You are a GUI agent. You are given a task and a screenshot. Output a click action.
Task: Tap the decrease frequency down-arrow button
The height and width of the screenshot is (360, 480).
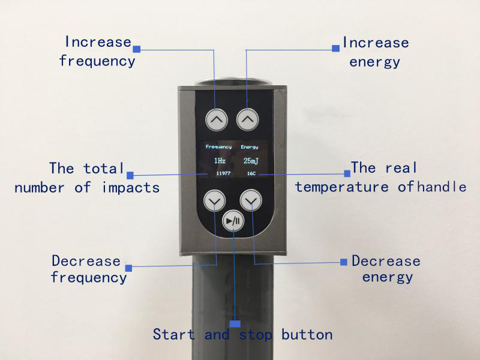214,200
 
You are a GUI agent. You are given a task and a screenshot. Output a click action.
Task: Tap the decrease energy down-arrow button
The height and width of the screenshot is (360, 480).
251,200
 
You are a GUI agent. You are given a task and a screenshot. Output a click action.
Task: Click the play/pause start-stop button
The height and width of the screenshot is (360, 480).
233,221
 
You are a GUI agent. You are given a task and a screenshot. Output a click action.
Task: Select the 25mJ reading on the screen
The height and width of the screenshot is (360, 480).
250,161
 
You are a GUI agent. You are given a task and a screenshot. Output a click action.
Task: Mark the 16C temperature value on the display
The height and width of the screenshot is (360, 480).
251,173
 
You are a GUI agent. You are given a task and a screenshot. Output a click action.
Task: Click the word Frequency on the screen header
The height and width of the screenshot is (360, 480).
218,146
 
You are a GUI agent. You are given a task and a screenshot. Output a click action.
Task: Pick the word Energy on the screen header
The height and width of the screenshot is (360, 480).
250,146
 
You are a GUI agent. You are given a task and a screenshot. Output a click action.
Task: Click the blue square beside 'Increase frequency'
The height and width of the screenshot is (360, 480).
136,47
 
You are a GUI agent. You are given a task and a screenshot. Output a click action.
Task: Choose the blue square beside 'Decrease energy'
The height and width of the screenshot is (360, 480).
344,262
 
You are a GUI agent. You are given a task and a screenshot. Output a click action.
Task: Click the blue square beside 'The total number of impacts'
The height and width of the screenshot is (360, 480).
130,175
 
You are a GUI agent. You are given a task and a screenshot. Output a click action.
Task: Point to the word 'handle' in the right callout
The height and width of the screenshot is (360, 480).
442,187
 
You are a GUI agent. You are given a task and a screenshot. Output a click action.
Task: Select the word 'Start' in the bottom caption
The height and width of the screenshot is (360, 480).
175,334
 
